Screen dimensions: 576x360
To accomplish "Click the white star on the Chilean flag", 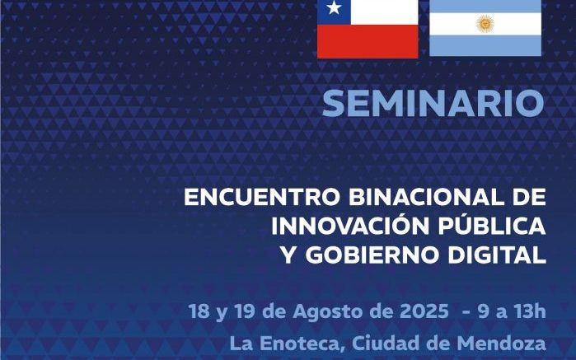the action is click(x=334, y=7).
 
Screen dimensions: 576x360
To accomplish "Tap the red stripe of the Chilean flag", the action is click(x=368, y=41).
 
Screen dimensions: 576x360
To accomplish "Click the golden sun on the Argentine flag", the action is click(x=485, y=24).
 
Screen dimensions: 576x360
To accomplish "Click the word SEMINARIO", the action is click(x=433, y=104).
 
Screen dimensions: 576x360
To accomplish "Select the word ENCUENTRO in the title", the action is click(x=262, y=197).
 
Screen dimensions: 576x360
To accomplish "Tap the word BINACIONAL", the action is click(x=425, y=197).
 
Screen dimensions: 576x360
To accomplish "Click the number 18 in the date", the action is click(x=199, y=311).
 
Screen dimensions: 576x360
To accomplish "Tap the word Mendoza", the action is click(x=502, y=344).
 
